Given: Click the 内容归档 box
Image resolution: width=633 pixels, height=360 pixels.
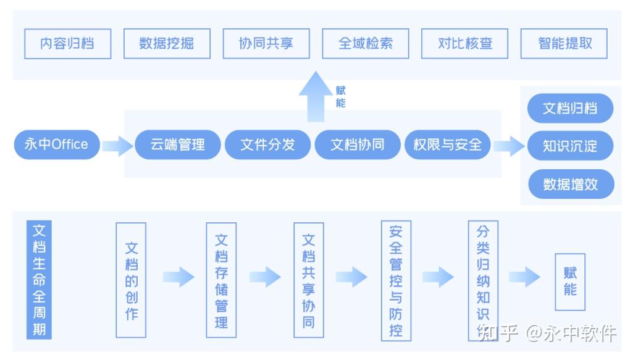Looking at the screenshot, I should click(68, 44).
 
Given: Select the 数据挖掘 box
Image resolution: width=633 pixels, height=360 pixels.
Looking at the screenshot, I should click(167, 44).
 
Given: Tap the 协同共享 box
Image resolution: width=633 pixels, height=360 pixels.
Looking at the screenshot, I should click(266, 44).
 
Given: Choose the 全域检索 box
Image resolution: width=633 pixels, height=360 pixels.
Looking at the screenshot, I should click(366, 44).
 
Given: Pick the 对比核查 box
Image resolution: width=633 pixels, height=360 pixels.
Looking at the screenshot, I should click(465, 44).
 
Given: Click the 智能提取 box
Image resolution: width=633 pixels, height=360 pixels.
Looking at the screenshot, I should click(564, 44).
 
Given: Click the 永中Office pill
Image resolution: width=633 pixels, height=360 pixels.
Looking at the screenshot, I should click(56, 144).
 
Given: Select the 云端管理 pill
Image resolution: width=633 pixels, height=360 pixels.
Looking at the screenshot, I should click(178, 144).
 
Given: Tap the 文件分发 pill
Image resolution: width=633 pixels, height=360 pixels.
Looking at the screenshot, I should click(267, 144).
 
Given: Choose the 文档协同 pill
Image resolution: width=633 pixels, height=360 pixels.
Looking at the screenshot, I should click(357, 144).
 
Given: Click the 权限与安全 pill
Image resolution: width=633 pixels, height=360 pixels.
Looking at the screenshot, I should click(447, 144).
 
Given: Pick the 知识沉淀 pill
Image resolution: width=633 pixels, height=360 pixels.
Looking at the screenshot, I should click(571, 146).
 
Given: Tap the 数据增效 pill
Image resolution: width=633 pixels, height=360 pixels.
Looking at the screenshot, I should click(571, 184).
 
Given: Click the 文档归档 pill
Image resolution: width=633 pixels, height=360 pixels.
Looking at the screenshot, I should click(571, 109).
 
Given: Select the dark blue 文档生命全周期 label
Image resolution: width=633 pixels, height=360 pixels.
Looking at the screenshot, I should click(39, 280).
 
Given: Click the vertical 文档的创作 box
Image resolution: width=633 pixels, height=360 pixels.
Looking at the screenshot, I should click(131, 280).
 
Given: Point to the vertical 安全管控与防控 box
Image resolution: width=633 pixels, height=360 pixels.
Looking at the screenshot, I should click(396, 280).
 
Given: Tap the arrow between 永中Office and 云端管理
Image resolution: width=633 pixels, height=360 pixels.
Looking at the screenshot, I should click(117, 146).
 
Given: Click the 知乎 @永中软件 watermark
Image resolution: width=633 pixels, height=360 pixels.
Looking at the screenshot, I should click(547, 333).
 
